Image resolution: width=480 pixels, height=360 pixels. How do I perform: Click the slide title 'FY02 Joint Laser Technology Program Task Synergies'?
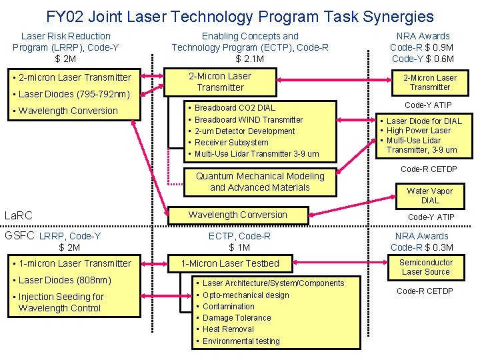click(240, 17)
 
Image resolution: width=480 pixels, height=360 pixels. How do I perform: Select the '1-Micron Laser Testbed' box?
click(230, 263)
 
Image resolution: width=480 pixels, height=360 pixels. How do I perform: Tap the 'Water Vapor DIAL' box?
click(430, 195)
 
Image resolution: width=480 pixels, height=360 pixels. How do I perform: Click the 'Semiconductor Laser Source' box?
click(426, 267)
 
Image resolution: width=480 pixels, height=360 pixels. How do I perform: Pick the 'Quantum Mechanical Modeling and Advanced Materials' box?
click(260, 181)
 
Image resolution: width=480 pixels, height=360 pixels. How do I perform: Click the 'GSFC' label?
click(20, 235)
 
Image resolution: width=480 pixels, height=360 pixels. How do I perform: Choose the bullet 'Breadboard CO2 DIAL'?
click(235, 108)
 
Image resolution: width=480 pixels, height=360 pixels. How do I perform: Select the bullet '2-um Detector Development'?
click(245, 131)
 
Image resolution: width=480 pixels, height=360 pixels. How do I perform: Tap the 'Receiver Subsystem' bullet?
click(231, 143)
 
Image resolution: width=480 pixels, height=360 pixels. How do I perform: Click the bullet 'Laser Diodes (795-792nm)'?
click(74, 94)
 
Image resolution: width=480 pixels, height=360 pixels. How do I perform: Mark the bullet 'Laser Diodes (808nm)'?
click(65, 280)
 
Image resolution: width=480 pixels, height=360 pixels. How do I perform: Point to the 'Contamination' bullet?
click(229, 307)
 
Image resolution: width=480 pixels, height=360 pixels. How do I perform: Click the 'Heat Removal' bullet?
click(228, 329)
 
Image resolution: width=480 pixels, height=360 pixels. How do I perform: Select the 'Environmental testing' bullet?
click(241, 341)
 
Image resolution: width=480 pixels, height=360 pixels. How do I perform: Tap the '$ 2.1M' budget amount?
click(250, 59)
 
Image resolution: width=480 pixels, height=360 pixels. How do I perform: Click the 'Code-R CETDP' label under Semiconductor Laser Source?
click(425, 291)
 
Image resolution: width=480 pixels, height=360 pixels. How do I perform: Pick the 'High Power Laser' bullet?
click(419, 131)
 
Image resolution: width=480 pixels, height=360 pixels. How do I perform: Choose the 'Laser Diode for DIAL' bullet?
click(424, 121)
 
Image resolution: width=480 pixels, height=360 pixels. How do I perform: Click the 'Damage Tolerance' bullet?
click(237, 318)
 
